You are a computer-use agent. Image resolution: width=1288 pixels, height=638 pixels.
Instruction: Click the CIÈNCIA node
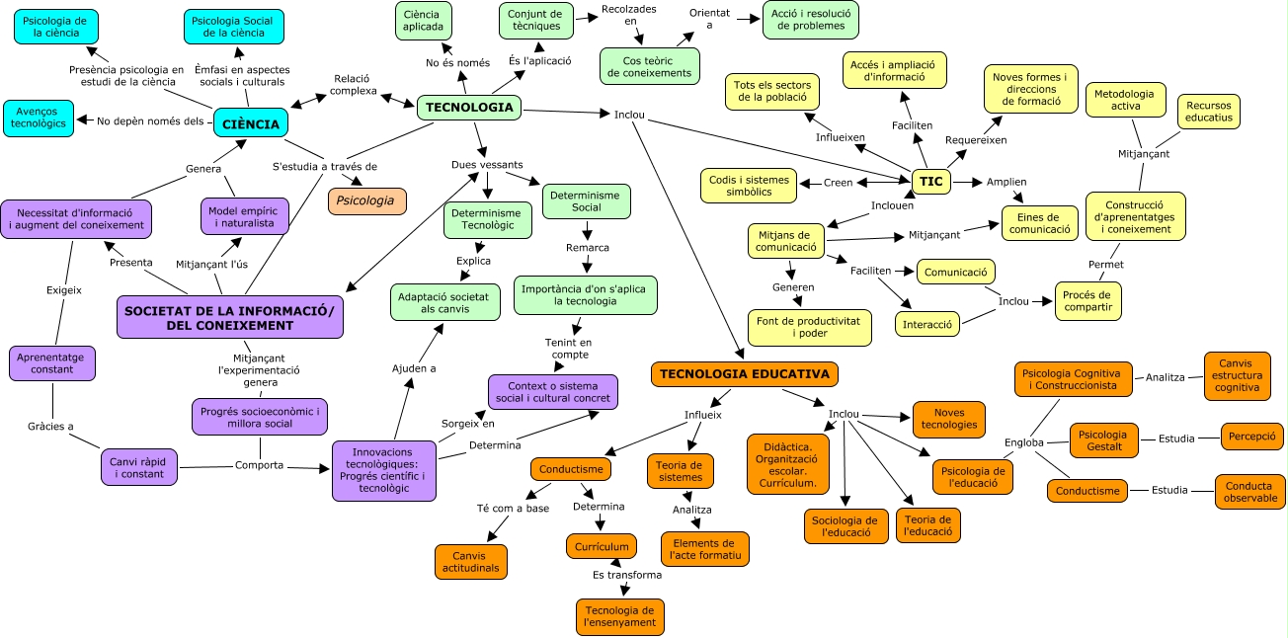[x=251, y=123]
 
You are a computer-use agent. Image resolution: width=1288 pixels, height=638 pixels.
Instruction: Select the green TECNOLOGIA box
[x=468, y=108]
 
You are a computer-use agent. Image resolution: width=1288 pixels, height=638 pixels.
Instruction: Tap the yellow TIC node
[x=930, y=182]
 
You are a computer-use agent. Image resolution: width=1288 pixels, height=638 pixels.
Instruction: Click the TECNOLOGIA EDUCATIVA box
[x=746, y=374]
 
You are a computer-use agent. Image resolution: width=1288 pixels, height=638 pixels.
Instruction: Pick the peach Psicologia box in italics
[x=366, y=200]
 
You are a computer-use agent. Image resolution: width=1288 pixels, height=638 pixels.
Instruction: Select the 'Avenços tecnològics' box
[x=39, y=118]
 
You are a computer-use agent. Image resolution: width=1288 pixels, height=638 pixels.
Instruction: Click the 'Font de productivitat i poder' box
[x=809, y=328]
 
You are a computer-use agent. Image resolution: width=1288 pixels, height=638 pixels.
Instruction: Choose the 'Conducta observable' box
[x=1250, y=492]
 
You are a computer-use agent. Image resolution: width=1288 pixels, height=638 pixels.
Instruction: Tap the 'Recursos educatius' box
[x=1208, y=111]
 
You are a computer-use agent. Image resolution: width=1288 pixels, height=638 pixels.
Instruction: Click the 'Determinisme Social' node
[x=586, y=201]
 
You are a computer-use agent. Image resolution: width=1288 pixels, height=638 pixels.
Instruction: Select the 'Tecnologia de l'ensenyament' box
[x=619, y=616]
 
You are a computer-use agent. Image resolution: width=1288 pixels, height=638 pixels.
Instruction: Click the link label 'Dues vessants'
[x=487, y=164]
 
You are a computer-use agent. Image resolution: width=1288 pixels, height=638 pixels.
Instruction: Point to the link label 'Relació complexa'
[x=353, y=85]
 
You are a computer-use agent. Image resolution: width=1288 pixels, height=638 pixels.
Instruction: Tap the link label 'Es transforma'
[x=627, y=574]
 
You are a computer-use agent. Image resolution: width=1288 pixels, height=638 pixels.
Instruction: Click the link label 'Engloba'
[x=1023, y=442]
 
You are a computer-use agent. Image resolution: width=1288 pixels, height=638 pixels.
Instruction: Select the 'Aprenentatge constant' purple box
[x=52, y=362]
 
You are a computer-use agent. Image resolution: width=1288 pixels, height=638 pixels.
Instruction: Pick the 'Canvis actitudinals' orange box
[x=471, y=562]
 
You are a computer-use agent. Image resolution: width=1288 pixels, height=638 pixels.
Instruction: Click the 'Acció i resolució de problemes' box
[x=810, y=19]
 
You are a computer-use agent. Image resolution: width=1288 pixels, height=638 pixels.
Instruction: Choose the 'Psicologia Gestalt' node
[x=1103, y=440]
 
